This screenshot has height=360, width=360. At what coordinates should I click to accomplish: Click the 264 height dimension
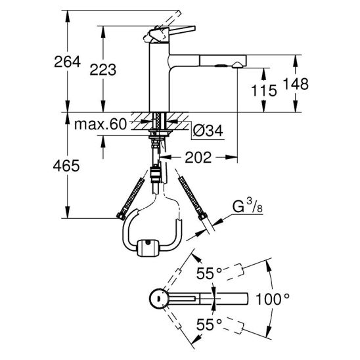67,62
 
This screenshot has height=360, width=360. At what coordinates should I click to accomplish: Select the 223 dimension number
103,70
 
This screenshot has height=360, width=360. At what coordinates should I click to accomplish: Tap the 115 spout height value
264,90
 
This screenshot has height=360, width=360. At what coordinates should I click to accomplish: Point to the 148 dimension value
296,84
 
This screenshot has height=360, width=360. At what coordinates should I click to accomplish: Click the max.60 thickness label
101,124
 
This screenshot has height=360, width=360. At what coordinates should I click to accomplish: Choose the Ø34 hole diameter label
208,131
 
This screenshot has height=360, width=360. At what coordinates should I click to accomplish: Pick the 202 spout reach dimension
198,158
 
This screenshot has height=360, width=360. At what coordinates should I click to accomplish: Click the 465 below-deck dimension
66,166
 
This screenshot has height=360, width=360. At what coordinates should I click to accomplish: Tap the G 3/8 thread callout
248,206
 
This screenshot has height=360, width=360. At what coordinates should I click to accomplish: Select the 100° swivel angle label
272,299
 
